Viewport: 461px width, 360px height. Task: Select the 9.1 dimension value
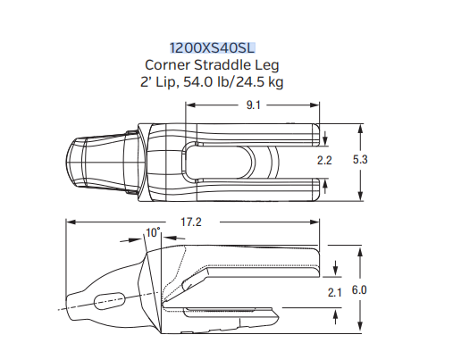coord(254,105)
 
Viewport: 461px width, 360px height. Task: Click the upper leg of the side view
coord(268,260)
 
